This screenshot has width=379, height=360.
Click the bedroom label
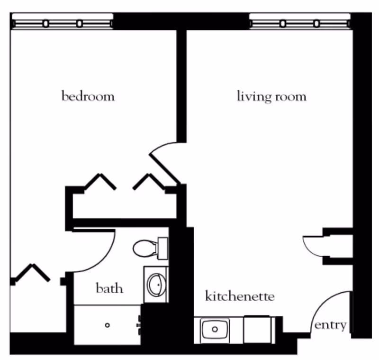(x=88, y=96)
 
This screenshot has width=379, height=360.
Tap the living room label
(x=271, y=96)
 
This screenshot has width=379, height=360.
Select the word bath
(x=109, y=288)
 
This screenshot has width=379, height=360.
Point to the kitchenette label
(x=240, y=296)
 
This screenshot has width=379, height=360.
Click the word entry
(x=330, y=325)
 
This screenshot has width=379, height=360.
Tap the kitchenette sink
(x=215, y=329)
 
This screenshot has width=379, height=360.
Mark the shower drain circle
(x=108, y=325)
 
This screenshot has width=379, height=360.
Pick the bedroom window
(x=62, y=22)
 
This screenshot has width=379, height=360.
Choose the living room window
(x=300, y=22)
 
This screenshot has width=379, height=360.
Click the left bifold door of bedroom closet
(x=99, y=182)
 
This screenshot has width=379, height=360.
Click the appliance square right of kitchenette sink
(x=259, y=329)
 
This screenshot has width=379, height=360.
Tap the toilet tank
(x=163, y=247)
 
